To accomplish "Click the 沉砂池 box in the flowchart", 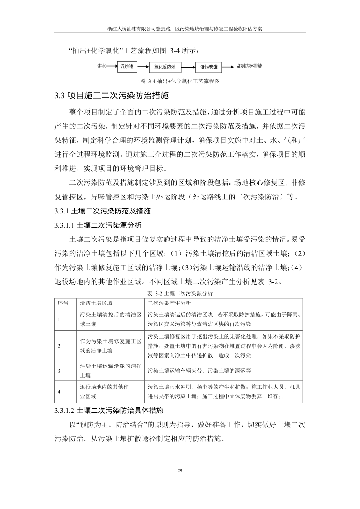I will tap(127, 67).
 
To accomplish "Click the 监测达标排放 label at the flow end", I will tap(249, 66).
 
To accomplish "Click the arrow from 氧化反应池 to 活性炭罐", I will tap(188, 67).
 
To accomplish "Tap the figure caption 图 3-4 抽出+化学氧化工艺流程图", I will tap(180, 82).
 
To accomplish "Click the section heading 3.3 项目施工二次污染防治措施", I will tap(112, 96).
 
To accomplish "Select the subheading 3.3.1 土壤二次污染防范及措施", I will tap(102, 211).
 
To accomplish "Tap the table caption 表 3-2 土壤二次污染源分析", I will tap(180, 293).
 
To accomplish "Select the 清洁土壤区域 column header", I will tap(96, 302).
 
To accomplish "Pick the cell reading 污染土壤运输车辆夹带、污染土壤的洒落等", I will tap(199, 371).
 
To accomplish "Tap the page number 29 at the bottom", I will tap(180, 472).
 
